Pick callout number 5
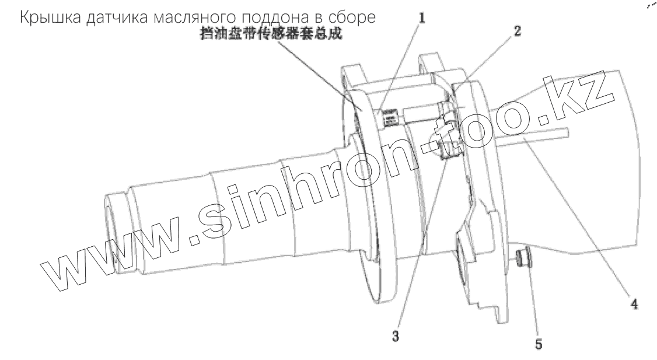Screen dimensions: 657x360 coord(538,344)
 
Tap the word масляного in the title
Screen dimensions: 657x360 coord(182,19)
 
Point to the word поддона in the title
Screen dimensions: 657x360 coord(265,19)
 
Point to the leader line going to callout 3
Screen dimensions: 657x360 coord(420,245)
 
